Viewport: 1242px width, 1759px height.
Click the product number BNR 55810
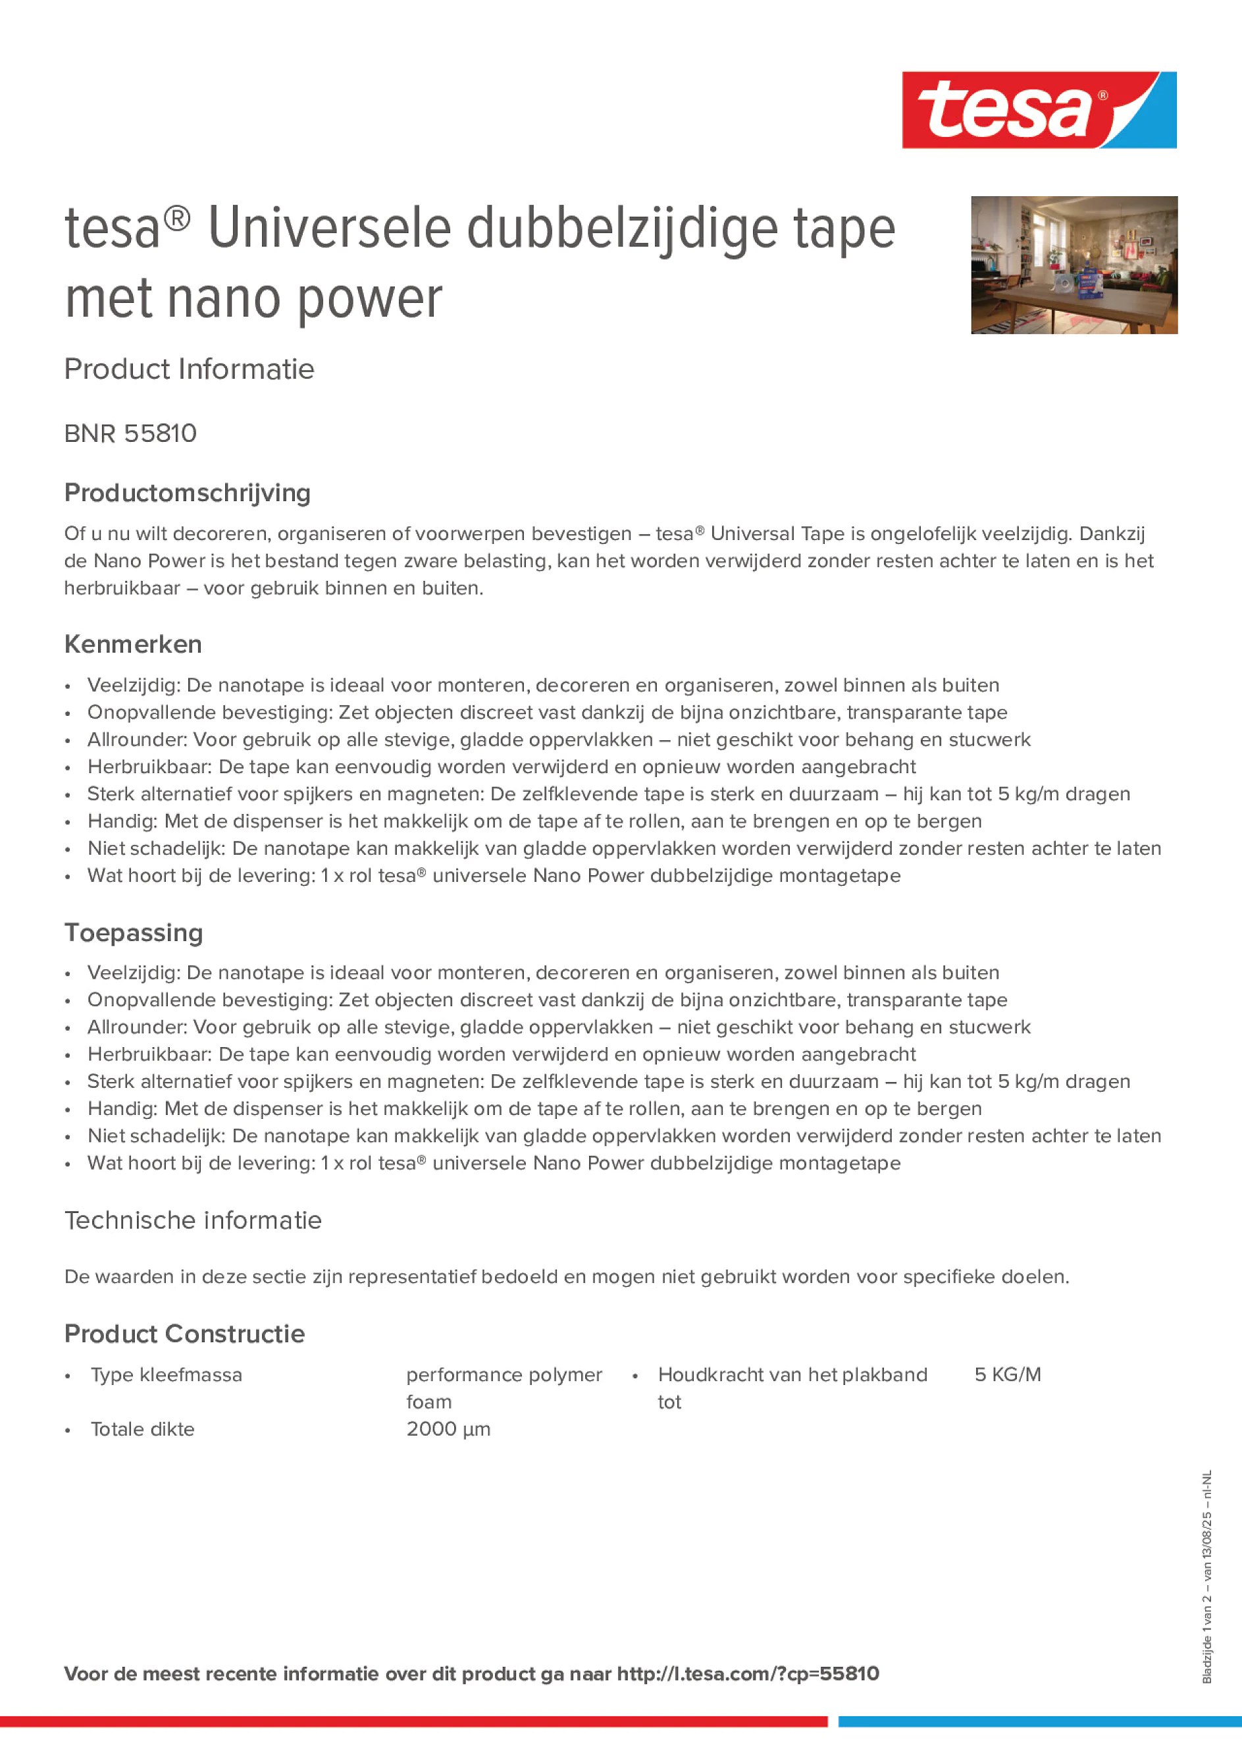click(130, 433)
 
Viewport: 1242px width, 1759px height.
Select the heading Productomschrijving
click(187, 493)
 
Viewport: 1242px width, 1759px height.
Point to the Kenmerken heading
click(132, 644)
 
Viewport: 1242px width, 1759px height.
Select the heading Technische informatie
click(192, 1220)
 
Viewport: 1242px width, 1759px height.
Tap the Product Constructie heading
click(184, 1334)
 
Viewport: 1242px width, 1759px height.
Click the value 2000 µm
click(448, 1429)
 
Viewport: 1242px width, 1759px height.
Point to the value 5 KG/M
click(1007, 1374)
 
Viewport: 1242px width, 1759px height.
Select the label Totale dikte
click(142, 1429)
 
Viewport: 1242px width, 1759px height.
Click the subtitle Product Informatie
click(189, 369)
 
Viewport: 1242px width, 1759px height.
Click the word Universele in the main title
click(329, 229)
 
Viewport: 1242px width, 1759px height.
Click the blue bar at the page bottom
click(1039, 1721)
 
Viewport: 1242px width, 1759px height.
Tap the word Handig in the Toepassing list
click(122, 1108)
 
